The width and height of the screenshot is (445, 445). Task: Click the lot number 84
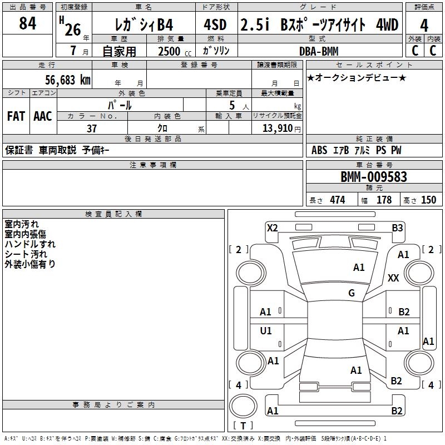pos(27,24)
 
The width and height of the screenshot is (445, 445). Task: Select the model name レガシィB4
pos(143,24)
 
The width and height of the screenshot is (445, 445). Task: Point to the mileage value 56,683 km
pos(61,80)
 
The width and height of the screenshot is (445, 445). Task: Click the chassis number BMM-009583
pos(374,177)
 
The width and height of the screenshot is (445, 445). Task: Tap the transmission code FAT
pos(16,116)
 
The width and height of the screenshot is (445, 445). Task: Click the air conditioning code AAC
pos(42,116)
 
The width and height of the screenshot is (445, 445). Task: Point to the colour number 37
pos(92,128)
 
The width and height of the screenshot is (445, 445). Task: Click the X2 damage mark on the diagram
pos(273,228)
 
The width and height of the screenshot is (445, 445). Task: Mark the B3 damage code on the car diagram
pos(397,228)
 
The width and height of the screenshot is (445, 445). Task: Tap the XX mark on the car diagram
pos(393,278)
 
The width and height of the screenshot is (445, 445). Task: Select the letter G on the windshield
pos(352,293)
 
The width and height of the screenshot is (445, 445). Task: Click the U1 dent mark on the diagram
pos(266,331)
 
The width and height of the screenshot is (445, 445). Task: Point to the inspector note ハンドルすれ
pos(30,244)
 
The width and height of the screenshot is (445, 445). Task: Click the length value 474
pos(337,200)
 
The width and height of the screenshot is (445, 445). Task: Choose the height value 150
pos(428,200)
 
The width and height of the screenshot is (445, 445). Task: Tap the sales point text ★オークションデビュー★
pos(357,77)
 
